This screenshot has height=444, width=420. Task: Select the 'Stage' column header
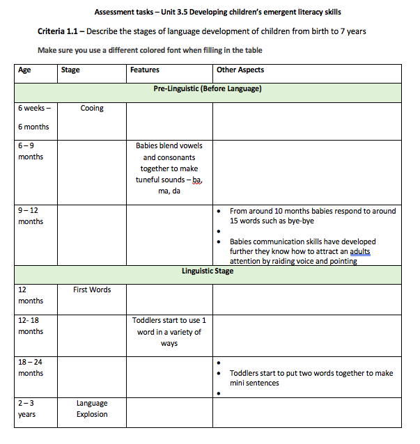(x=70, y=70)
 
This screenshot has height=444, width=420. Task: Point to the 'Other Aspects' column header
(x=240, y=70)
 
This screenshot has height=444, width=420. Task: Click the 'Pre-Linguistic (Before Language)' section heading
(x=208, y=88)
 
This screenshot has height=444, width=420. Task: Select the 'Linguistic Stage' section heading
(x=208, y=271)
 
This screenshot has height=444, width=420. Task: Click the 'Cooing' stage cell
(x=92, y=109)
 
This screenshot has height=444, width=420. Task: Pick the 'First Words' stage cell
(x=92, y=290)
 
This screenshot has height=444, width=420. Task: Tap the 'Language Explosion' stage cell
(x=92, y=409)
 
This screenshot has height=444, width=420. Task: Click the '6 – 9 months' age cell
(x=31, y=151)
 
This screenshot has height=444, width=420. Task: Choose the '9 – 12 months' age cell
(x=31, y=216)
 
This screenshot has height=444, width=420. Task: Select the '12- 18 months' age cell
(x=31, y=326)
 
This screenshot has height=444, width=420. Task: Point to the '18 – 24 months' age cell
(x=31, y=367)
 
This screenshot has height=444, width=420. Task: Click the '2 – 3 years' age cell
(x=28, y=409)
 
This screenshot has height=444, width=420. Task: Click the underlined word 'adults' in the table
(x=359, y=251)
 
